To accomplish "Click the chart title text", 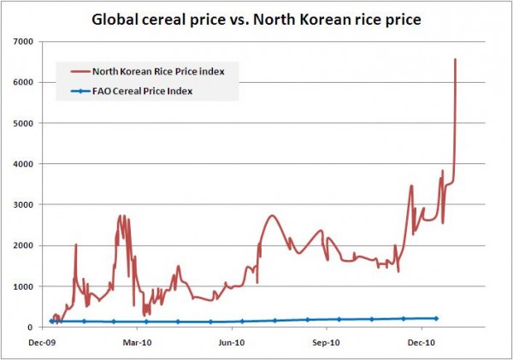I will (x=256, y=18).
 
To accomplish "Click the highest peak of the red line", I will (x=456, y=59).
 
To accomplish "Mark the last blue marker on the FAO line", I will (x=436, y=318).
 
